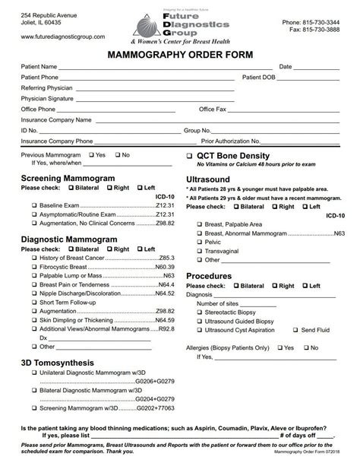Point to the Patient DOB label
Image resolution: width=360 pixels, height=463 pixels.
[x=261, y=77]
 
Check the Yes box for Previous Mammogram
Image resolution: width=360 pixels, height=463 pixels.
[x=91, y=154]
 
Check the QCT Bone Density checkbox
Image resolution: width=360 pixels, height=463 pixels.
[x=189, y=155]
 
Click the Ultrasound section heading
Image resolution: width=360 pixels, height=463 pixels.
[x=207, y=179]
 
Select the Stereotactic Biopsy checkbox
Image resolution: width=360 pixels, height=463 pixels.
[x=199, y=312]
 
